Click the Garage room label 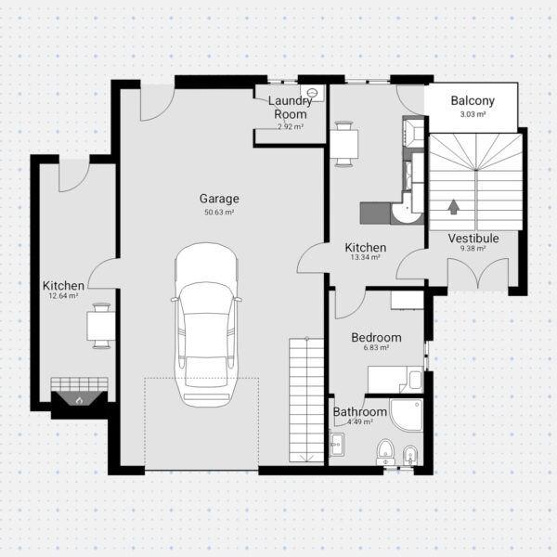point(219,199)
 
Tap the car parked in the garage point(206,325)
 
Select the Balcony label point(473,100)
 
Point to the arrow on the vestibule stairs point(453,207)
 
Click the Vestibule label point(473,238)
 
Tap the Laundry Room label point(291,108)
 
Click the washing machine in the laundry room point(312,93)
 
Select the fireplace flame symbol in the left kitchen point(79,401)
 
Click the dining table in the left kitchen point(101,326)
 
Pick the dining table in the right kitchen point(343,144)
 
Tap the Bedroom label point(376,338)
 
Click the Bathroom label point(360,412)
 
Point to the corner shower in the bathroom point(407,415)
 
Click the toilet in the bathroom point(385,452)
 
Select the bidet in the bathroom point(410,456)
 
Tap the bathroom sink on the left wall point(336,445)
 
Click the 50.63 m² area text point(219,213)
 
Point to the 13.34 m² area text point(366,257)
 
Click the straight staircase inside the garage point(306,400)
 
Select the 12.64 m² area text point(63,296)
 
